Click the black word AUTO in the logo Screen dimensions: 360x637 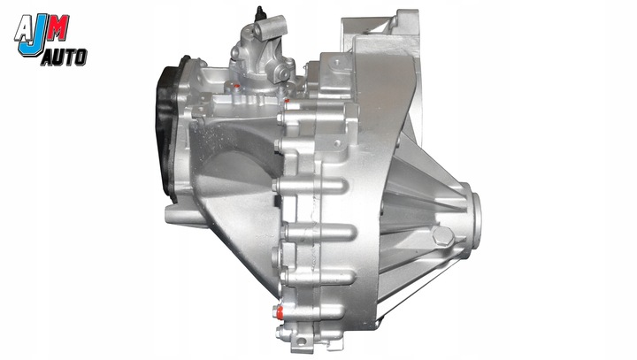pos(63,57)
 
